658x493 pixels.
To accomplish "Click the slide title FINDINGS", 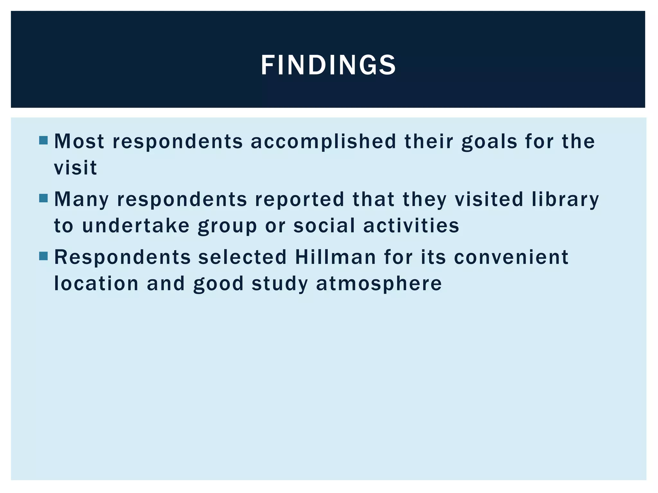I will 328,65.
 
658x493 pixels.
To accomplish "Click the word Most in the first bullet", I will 79,141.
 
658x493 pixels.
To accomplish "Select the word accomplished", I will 324,142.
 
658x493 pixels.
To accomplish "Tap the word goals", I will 489,142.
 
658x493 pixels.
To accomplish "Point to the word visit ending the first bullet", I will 76,168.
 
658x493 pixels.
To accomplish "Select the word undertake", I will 136,225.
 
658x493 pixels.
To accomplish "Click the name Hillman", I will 335,257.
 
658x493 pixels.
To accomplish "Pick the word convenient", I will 511,257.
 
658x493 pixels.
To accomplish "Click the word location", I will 96,283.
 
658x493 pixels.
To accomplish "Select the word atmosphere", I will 379,283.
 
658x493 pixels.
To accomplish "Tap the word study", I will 280,284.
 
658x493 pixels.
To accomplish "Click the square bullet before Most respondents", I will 43,140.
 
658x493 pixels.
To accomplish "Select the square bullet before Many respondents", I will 43,198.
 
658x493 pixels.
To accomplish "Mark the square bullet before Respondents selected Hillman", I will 43,256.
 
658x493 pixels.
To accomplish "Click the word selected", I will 242,257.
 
